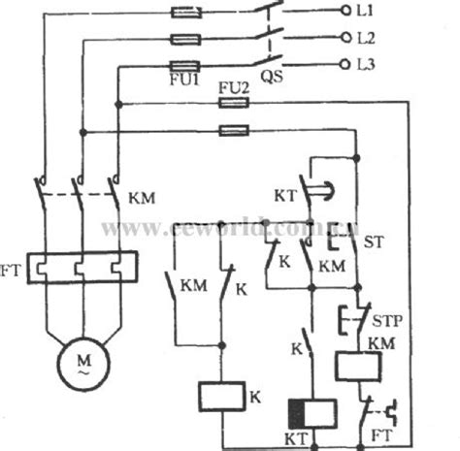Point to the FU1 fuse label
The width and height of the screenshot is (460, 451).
(185, 83)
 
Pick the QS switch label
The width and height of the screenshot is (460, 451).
(271, 83)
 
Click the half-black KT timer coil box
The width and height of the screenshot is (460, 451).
(311, 414)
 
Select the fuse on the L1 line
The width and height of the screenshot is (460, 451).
(184, 14)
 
